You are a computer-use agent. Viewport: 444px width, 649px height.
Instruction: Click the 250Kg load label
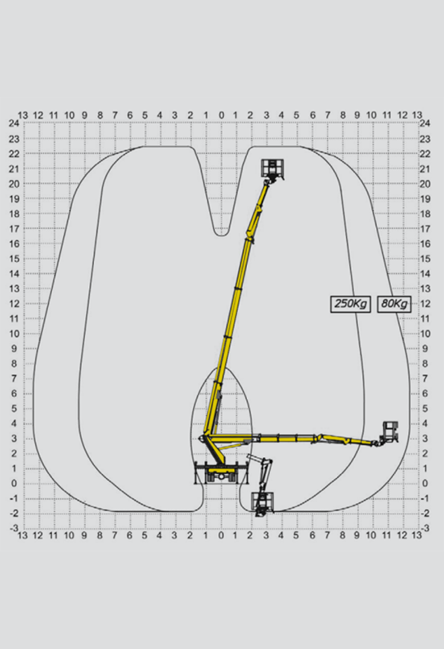[350, 304]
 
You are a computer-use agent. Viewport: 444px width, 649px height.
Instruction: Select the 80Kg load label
[394, 304]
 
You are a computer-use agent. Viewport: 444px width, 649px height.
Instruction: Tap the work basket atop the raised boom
[272, 169]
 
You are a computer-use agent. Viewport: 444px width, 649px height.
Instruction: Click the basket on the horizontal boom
[390, 432]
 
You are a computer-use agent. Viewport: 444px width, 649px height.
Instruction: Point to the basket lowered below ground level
[263, 503]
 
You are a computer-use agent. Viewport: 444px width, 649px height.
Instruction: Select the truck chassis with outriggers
[222, 473]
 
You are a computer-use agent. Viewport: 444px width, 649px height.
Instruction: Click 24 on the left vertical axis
[14, 123]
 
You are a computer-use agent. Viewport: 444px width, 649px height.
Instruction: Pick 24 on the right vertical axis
[425, 123]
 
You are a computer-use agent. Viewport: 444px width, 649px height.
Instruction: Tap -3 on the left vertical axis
[14, 528]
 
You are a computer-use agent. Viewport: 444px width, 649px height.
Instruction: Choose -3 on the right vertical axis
[425, 528]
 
